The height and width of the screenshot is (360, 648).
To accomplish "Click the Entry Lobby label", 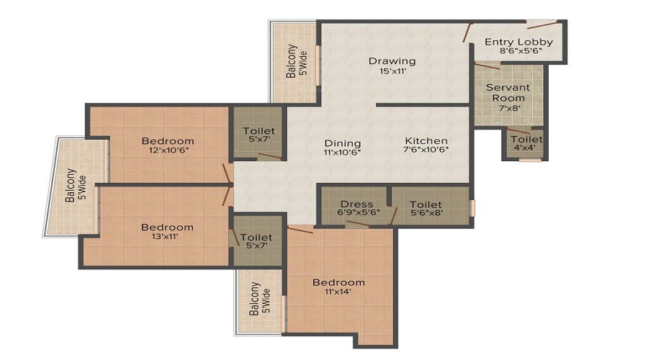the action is click(x=518, y=42).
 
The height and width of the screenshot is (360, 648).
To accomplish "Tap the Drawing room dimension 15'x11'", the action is click(x=393, y=71).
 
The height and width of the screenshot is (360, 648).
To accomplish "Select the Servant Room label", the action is click(x=508, y=93).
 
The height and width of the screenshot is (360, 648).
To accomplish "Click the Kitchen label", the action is click(x=426, y=140).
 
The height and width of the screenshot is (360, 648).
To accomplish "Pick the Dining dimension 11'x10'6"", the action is click(x=343, y=152).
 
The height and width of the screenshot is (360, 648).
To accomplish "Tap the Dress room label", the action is click(x=356, y=204).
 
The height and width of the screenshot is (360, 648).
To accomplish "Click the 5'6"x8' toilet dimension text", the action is click(x=426, y=213).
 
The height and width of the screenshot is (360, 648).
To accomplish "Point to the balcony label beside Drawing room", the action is click(x=297, y=61).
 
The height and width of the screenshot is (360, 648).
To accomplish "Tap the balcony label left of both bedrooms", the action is click(x=76, y=185).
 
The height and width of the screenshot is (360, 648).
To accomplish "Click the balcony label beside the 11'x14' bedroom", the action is click(x=260, y=298).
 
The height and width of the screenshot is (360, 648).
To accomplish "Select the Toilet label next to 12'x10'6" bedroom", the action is click(x=258, y=135).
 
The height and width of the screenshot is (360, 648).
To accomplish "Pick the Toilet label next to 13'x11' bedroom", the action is click(x=256, y=241).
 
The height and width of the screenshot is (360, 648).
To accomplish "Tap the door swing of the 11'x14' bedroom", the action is click(x=300, y=230).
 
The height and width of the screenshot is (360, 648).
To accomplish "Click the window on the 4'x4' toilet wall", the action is click(x=530, y=160).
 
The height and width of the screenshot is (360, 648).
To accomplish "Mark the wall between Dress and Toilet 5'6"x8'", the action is click(x=389, y=197).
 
